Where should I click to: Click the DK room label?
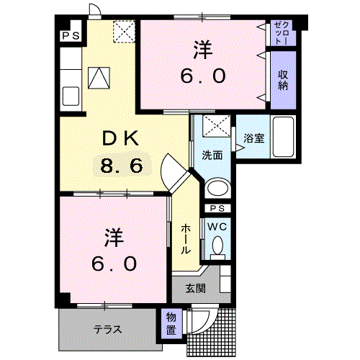click(x=121, y=138)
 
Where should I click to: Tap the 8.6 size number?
click(x=122, y=166)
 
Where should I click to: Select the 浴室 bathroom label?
click(x=253, y=138)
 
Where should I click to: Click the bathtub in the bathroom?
click(x=284, y=137)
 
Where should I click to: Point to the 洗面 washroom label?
click(x=212, y=155)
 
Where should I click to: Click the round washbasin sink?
click(x=217, y=187)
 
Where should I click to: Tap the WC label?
click(x=217, y=226)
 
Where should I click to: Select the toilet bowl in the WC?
click(x=217, y=245)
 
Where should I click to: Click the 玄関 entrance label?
click(x=196, y=288)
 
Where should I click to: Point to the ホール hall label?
click(x=186, y=239)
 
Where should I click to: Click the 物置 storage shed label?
click(x=171, y=324)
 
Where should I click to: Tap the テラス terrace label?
click(x=108, y=329)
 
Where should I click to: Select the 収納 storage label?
click(x=283, y=80)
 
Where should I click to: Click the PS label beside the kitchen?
click(x=71, y=36)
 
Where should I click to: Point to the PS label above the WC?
click(x=217, y=208)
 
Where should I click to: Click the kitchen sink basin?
click(x=71, y=96)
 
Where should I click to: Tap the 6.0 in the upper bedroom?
click(x=203, y=76)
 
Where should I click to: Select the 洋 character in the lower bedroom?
click(x=114, y=238)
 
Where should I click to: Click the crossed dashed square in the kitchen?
click(x=124, y=32)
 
